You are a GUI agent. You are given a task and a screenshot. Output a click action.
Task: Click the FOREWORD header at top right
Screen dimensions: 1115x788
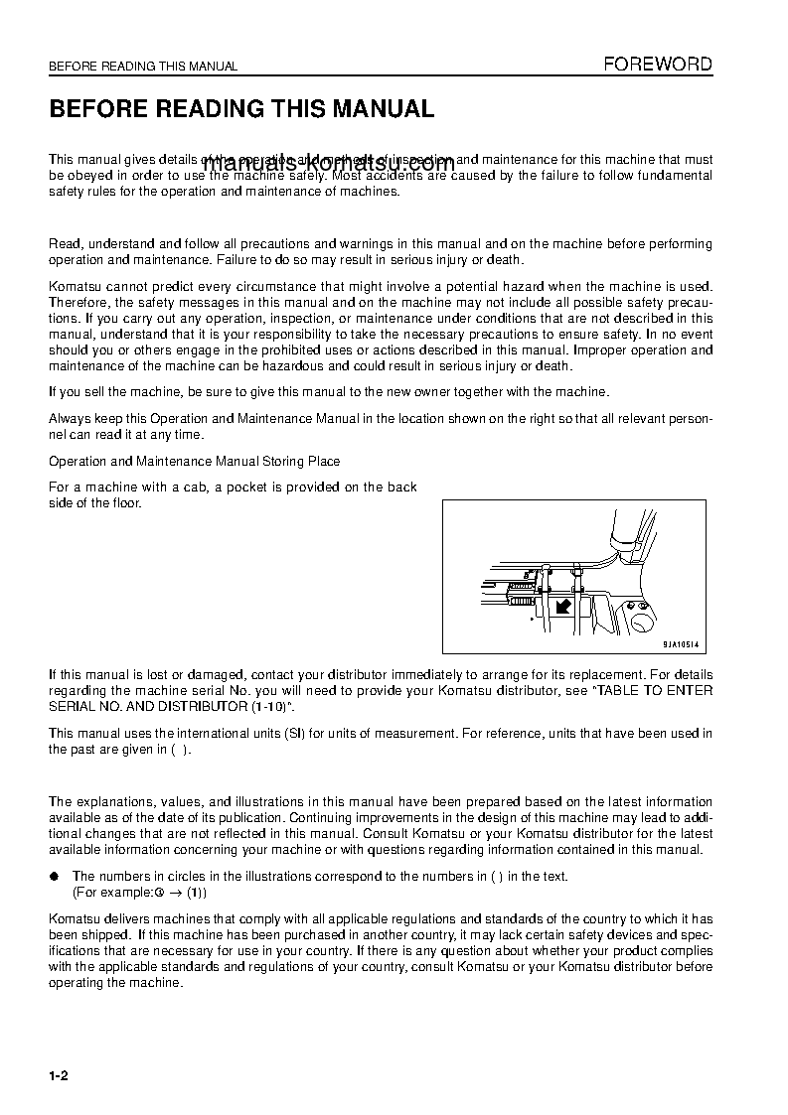[658, 65]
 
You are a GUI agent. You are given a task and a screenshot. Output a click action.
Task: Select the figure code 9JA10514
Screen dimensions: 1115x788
[683, 644]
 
